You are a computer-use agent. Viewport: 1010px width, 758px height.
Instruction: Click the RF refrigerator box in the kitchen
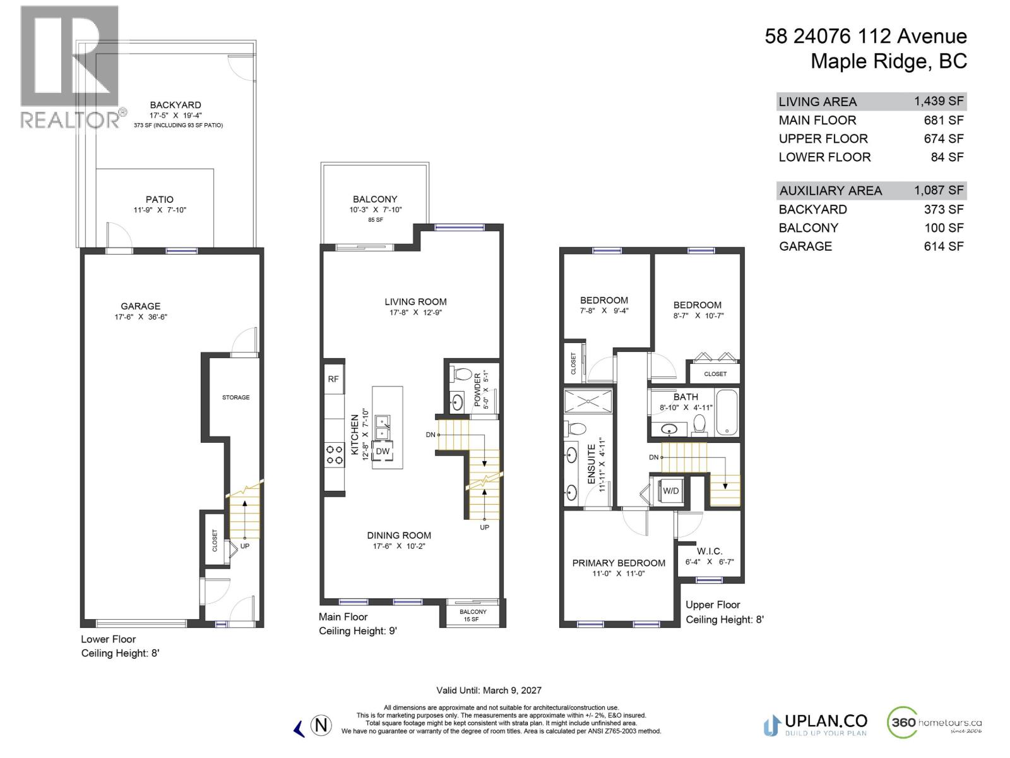tap(333, 379)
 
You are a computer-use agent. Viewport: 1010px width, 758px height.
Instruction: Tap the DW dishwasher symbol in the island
tap(383, 451)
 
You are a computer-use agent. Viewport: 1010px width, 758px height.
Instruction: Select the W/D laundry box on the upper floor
tap(670, 491)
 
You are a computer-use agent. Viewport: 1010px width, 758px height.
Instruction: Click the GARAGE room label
tap(140, 306)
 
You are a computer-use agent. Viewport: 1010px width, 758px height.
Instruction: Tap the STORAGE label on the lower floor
tap(235, 397)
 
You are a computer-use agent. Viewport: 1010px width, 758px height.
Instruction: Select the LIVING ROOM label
tap(415, 302)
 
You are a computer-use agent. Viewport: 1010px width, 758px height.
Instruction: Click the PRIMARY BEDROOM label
tap(619, 563)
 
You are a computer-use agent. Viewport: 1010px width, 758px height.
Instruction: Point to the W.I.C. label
tap(710, 551)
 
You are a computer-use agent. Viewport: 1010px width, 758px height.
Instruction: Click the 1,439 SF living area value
tap(938, 101)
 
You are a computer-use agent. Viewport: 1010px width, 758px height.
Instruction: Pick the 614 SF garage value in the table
tap(943, 246)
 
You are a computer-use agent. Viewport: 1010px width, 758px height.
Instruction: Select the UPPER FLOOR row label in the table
tap(823, 138)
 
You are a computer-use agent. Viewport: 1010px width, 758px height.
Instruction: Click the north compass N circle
tap(321, 725)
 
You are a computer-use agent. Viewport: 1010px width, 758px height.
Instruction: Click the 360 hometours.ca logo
tap(935, 723)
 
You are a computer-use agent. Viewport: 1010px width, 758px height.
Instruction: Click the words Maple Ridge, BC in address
tap(888, 61)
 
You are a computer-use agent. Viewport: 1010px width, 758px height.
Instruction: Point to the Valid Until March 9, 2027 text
tap(489, 690)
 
